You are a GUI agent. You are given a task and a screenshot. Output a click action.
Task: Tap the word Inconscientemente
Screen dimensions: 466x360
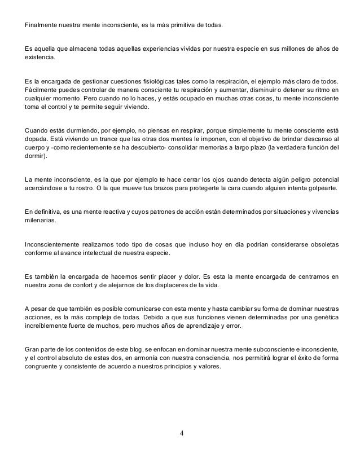coord(53,244)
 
